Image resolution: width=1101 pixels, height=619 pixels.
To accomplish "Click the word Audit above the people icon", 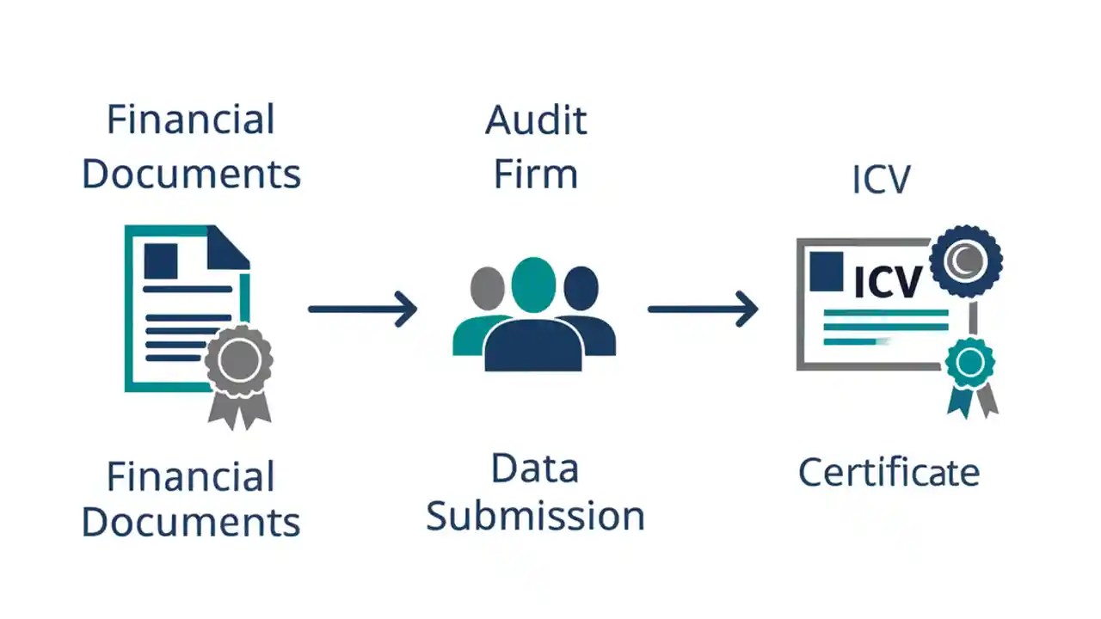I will point(536,120).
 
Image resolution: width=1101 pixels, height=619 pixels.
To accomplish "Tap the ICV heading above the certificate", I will point(881,180).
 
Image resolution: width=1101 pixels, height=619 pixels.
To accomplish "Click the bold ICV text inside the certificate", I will point(888,281).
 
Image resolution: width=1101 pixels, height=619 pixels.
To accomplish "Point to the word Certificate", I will point(889,473).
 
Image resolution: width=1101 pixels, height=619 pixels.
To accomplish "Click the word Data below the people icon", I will point(535,469).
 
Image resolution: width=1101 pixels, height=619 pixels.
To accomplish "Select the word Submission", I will point(535,516).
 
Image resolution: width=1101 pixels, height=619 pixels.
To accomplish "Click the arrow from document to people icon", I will point(363,308).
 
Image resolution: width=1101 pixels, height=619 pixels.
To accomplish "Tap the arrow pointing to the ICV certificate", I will point(703,308).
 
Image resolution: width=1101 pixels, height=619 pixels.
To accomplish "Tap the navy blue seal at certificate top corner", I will point(966,261).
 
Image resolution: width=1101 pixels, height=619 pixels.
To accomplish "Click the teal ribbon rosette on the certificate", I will point(970,364).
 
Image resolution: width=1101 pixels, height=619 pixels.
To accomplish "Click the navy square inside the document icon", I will point(161,260).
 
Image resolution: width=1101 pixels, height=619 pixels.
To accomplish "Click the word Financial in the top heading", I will point(190,120).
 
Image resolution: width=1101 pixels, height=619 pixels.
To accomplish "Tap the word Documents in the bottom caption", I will point(191,523).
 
